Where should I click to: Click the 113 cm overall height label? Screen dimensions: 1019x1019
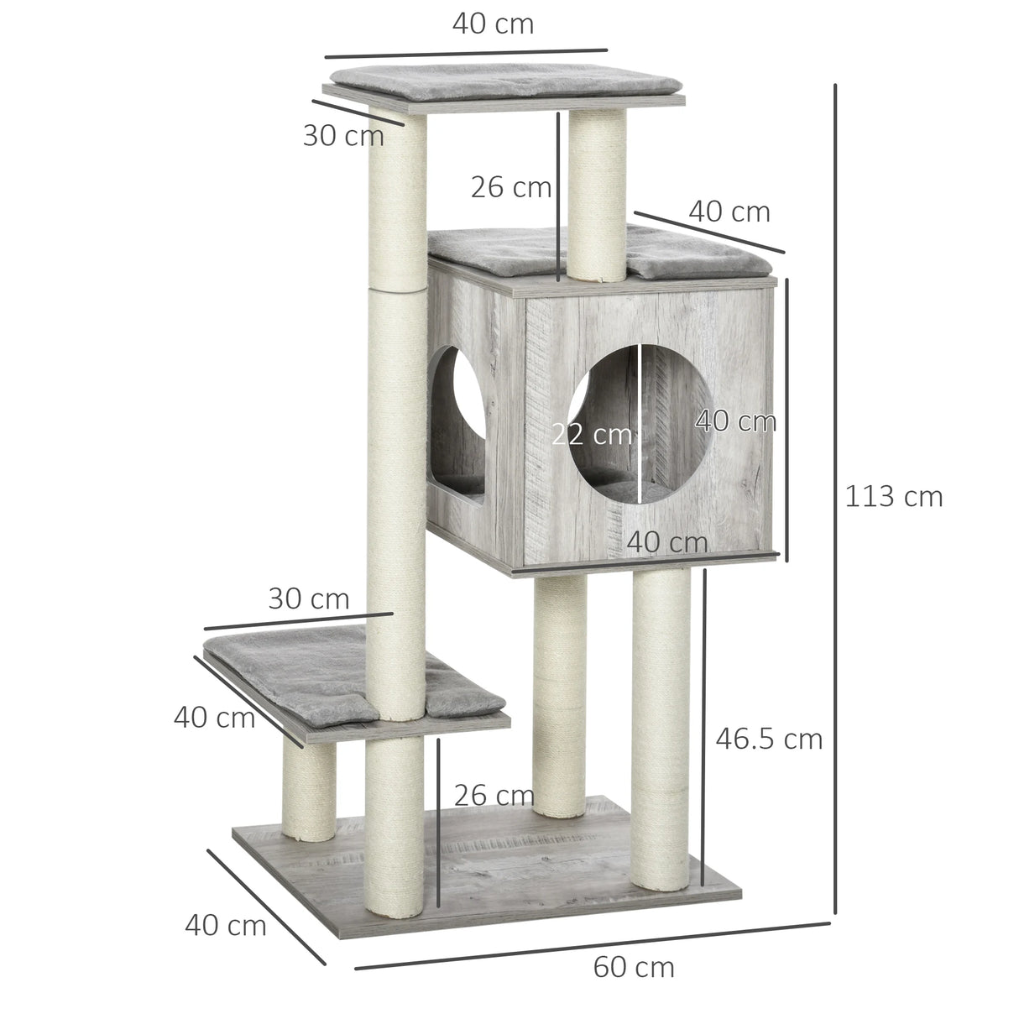coord(893,497)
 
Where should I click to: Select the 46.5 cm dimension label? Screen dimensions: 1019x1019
coord(769,739)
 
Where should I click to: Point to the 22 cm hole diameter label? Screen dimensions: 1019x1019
coord(591,435)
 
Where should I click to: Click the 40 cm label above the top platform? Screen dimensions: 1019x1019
coord(493,24)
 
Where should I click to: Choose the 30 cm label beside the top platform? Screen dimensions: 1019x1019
coord(342,136)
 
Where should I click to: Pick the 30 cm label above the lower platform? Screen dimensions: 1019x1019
coord(308,599)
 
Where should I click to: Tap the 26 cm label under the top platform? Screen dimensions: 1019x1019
coord(510,187)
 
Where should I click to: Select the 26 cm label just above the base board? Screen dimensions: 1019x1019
coord(494,795)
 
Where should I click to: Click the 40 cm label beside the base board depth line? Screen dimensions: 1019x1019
coord(225,926)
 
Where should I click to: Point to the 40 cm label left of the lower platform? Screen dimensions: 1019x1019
coord(214,718)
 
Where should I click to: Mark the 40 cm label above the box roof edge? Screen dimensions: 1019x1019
coord(729,212)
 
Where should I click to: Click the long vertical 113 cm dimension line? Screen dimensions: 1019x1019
coord(835,495)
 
